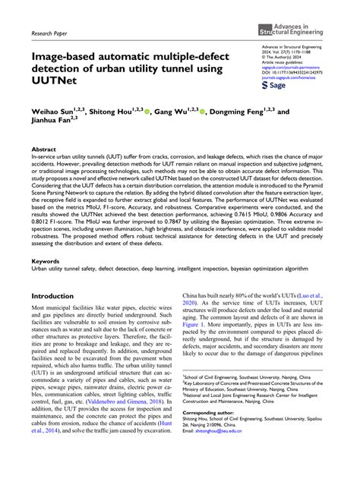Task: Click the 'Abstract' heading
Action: [x=43, y=150]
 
